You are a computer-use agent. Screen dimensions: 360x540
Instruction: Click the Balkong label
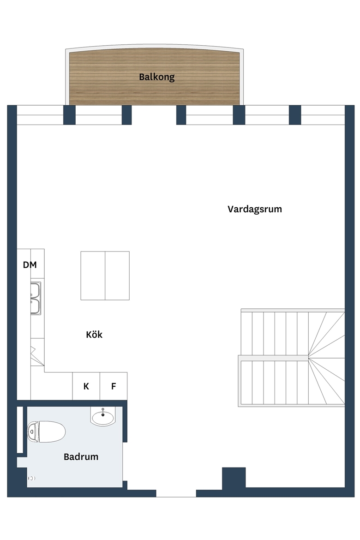157,77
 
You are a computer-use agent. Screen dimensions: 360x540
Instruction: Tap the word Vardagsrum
255,209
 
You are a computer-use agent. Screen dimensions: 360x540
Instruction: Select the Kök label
94,335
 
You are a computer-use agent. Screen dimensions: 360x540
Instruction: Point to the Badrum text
81,456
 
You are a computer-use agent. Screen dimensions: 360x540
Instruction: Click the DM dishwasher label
30,265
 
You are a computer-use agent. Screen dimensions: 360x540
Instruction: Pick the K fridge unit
86,386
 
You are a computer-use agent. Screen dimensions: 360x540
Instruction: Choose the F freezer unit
114,386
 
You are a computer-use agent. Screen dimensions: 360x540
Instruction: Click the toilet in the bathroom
46,432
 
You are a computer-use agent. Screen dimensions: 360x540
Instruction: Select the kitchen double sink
36,298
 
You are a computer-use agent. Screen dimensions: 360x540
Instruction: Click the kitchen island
105,276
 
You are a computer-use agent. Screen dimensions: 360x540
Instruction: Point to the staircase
291,358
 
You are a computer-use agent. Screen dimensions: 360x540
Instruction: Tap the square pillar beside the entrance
234,478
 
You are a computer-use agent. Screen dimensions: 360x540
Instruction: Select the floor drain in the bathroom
31,478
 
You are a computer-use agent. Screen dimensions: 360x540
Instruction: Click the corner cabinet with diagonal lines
37,352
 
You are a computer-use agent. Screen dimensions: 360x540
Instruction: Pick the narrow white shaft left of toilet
20,430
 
